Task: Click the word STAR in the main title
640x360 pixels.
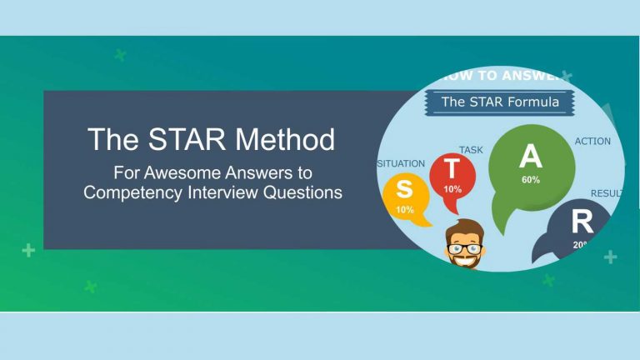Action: coord(184,139)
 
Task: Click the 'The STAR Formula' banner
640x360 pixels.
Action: coord(499,102)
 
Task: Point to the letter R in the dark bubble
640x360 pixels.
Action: coord(582,222)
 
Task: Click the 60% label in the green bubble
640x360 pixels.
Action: coord(530,180)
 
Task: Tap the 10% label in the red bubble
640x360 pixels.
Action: coord(452,189)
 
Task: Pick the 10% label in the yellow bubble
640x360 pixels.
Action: coord(405,210)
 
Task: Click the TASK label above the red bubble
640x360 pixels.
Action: coord(471,150)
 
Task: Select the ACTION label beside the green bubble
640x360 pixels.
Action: coord(592,142)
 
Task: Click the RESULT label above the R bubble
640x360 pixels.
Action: coord(606,193)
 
